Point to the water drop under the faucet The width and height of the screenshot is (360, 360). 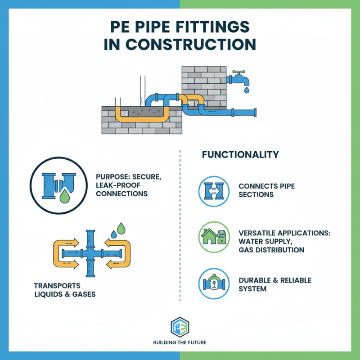(246, 90)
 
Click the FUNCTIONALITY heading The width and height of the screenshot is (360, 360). (240, 155)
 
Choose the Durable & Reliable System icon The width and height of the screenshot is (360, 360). (211, 284)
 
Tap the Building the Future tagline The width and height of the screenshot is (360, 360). (180, 343)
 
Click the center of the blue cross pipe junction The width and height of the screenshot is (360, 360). (91, 254)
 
